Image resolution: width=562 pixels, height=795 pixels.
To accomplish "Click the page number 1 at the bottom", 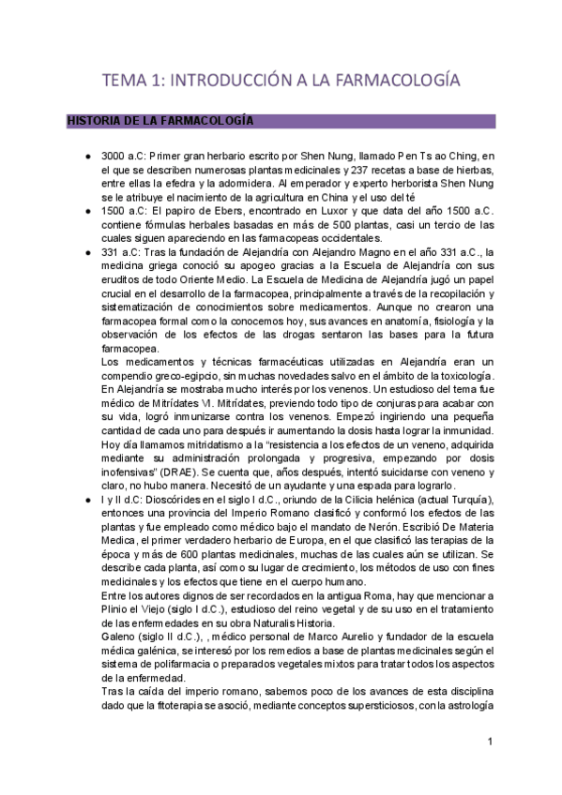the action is point(490,742).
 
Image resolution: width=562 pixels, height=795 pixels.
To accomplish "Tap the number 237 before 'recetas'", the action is point(327,172).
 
